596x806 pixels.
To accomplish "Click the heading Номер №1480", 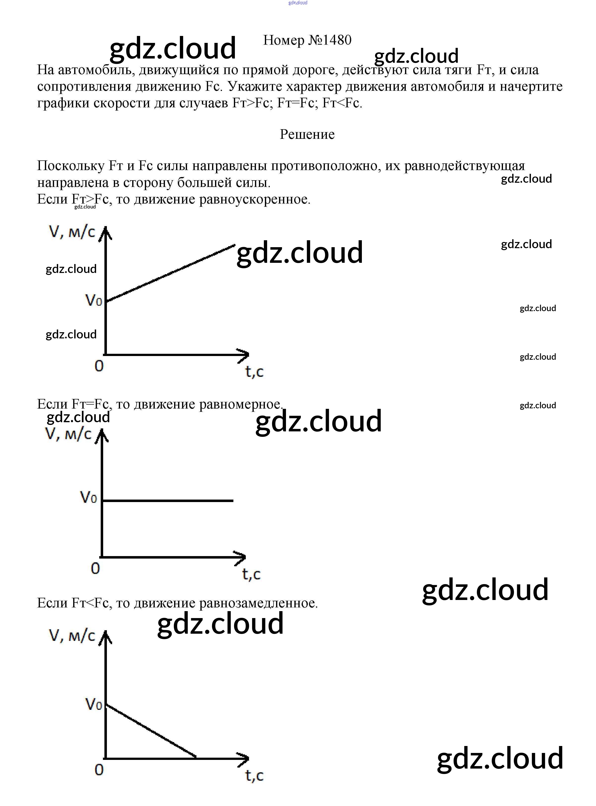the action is pos(307,40).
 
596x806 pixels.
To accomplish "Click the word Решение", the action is pos(307,134).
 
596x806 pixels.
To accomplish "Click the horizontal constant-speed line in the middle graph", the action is pos(168,501).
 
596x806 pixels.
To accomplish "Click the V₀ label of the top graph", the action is pos(94,300).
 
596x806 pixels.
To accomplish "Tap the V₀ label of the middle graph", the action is pos(88,498).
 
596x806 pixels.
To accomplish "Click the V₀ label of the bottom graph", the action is pos(94,704).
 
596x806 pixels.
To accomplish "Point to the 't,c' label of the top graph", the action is pos(254,371).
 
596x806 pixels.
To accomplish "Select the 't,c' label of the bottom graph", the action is pos(254,775).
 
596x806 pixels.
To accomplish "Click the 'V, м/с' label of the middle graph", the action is pos(68,434).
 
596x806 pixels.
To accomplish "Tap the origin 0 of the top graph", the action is pos(99,366).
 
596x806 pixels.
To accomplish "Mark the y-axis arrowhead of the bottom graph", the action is pos(105,637).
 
